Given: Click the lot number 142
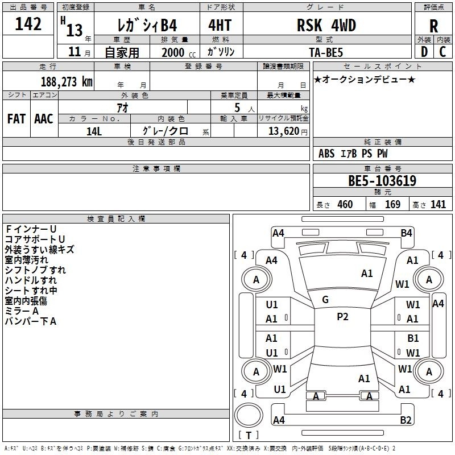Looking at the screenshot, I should point(28,24).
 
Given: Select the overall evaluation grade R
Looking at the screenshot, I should point(433,26).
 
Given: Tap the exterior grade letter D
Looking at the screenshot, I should point(424,51).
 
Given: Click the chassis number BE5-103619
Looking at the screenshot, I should point(382,181).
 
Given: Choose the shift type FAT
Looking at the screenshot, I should point(16,119).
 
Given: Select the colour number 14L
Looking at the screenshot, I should point(94,131).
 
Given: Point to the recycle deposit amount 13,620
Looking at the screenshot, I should point(283,131).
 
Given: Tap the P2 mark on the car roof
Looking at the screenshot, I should point(342,317).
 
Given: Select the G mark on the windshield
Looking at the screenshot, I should point(325,300).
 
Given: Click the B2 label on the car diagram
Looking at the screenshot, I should point(406,420).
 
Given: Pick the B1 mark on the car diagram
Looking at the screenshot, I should point(413,338).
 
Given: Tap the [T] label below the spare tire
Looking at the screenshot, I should point(248,435).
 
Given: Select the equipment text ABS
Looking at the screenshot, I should point(326,153).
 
